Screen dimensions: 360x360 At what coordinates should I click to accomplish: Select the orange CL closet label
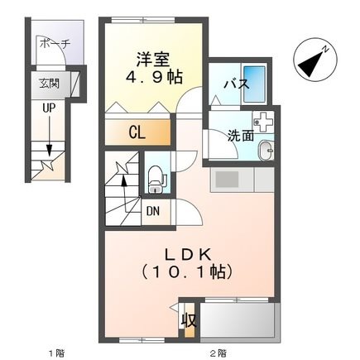(x=138, y=132)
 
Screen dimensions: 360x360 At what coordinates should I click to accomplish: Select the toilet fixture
(x=156, y=175)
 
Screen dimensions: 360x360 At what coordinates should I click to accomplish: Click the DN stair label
(x=153, y=211)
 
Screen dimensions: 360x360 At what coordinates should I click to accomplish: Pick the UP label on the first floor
(x=49, y=107)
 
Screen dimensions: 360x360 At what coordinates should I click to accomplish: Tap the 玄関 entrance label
(x=49, y=84)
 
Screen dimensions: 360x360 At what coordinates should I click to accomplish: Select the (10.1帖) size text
(x=187, y=271)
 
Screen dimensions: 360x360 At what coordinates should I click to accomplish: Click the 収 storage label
(x=188, y=320)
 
